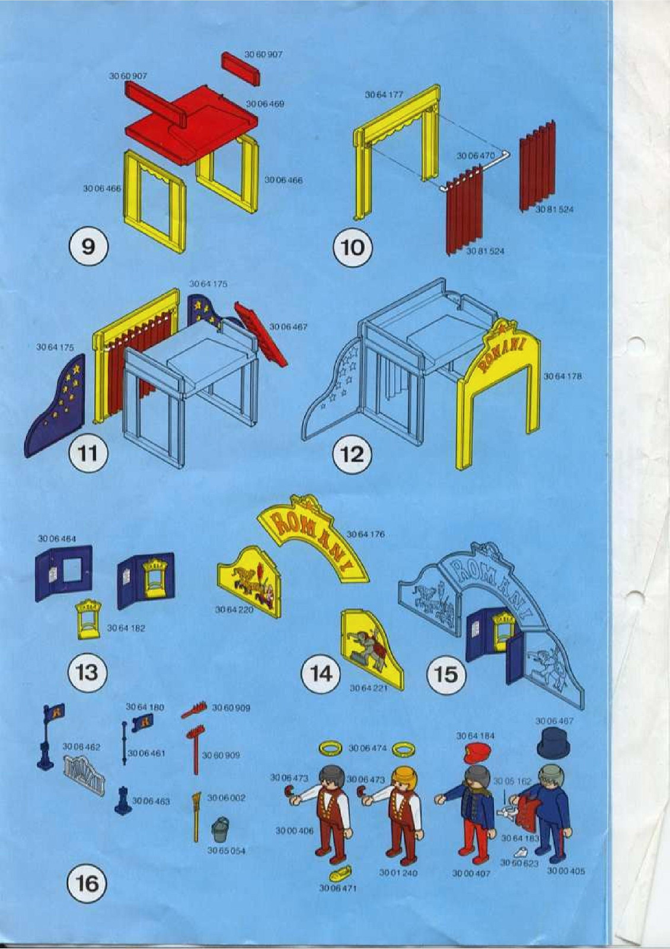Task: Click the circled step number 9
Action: [88, 246]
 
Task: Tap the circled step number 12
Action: [353, 454]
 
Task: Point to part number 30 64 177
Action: [384, 94]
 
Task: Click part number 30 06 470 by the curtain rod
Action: [475, 155]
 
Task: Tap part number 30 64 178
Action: [562, 376]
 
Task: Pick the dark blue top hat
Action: [551, 744]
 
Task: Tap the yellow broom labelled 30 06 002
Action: [196, 816]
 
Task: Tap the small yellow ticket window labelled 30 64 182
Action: [88, 619]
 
